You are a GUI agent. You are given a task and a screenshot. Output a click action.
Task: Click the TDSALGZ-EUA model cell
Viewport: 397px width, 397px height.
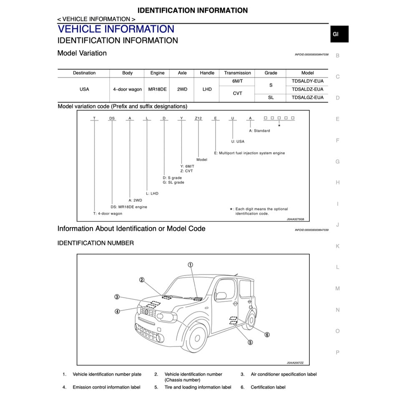(307, 98)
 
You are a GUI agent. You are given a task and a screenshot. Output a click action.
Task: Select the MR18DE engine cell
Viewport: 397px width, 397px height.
(157, 89)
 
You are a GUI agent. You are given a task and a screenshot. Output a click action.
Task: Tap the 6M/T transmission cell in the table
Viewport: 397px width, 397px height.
(237, 81)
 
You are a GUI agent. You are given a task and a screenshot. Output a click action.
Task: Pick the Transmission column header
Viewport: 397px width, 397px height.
(237, 73)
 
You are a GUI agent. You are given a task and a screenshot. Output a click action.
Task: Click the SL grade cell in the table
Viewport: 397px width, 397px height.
(271, 98)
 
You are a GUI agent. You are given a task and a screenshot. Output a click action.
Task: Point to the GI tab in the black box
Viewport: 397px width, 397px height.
(336, 34)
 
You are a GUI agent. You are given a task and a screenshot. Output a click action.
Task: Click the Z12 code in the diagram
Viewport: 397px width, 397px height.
(198, 118)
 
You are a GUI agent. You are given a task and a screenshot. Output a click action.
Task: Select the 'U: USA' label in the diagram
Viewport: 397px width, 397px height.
(238, 141)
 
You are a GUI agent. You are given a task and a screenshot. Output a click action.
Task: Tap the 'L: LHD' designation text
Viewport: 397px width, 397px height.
(152, 193)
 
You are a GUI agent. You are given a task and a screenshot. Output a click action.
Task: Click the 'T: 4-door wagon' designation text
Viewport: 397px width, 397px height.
(108, 214)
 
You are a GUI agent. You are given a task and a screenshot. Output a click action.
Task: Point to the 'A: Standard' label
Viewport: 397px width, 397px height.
(259, 131)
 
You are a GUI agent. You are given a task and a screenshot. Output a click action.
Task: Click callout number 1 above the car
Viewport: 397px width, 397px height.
(190, 265)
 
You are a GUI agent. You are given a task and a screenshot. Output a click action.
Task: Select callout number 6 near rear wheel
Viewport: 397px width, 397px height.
(267, 334)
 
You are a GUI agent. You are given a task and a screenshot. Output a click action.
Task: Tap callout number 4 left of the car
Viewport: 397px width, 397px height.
(118, 311)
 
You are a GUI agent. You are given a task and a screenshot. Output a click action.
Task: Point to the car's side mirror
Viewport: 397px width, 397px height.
(221, 296)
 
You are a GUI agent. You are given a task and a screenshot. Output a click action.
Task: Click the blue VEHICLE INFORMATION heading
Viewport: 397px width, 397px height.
(116, 29)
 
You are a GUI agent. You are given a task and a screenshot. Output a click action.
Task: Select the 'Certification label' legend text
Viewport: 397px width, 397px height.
(268, 387)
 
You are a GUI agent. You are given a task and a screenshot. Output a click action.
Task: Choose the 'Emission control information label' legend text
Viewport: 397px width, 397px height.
(106, 387)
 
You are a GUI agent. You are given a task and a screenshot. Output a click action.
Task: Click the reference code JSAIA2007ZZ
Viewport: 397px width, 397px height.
(295, 363)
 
